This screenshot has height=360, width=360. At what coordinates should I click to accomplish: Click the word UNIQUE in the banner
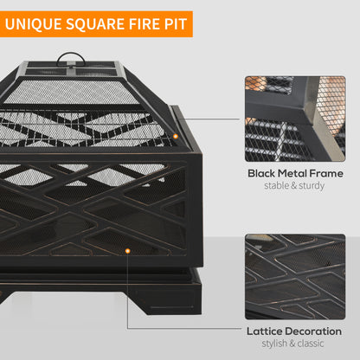[35, 23]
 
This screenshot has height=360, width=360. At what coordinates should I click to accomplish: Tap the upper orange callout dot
[176, 136]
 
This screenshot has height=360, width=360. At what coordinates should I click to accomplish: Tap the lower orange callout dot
[128, 252]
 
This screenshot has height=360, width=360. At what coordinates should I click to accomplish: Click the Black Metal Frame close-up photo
[294, 118]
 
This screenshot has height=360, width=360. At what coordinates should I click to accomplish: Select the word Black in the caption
[264, 173]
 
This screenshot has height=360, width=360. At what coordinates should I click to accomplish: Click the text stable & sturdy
[294, 186]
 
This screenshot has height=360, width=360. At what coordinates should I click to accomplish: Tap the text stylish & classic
[294, 344]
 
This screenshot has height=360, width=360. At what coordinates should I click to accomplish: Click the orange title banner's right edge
[191, 23]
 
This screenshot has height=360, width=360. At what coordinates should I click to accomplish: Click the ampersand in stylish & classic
[294, 344]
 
